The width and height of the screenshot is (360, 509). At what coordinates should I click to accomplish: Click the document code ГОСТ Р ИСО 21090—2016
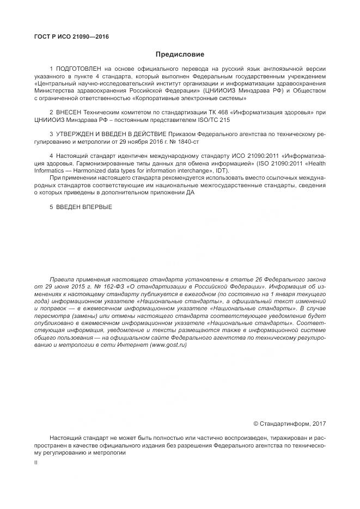71,36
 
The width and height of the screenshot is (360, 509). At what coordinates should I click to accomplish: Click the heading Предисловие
180,54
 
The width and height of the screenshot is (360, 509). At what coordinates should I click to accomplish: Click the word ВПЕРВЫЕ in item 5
97,206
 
